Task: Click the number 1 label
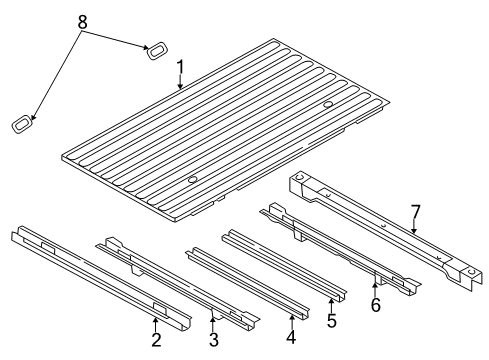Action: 180,69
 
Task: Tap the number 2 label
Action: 155,339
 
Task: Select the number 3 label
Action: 213,339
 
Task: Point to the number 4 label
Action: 290,338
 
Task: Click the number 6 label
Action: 375,305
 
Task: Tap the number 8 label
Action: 83,21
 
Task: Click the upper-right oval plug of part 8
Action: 158,52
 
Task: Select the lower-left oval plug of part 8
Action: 21,125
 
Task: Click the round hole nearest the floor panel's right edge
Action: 329,106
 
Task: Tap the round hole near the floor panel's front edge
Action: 191,181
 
